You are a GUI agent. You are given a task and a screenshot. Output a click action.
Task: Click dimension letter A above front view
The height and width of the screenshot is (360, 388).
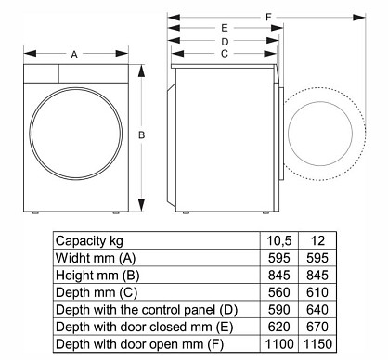pos(74,55)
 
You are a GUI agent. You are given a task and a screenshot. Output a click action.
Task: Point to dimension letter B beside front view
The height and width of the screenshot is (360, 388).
pos(141,135)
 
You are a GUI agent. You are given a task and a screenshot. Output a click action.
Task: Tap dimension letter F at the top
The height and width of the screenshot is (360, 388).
pos(268,17)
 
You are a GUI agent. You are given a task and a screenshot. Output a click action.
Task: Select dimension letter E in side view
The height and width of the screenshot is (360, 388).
pos(225,28)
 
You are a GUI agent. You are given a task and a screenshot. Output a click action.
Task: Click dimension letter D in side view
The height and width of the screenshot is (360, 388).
pos(225,42)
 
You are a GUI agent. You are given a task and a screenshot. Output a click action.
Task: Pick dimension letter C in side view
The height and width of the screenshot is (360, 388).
pos(225,54)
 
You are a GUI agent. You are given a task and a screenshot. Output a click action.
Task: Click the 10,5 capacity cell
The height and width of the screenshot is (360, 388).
pos(279,240)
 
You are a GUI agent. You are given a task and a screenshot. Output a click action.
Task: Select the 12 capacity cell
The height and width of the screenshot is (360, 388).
pos(317,240)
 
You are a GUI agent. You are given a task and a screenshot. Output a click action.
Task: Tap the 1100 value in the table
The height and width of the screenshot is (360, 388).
pos(279,343)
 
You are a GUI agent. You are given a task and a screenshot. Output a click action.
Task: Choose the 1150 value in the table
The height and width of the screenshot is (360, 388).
pos(317,343)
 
